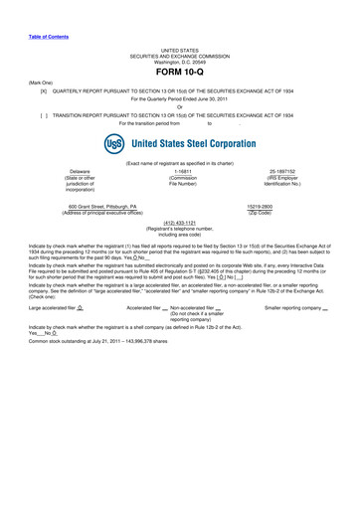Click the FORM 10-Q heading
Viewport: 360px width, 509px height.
179,74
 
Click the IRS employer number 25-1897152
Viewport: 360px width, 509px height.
287,171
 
